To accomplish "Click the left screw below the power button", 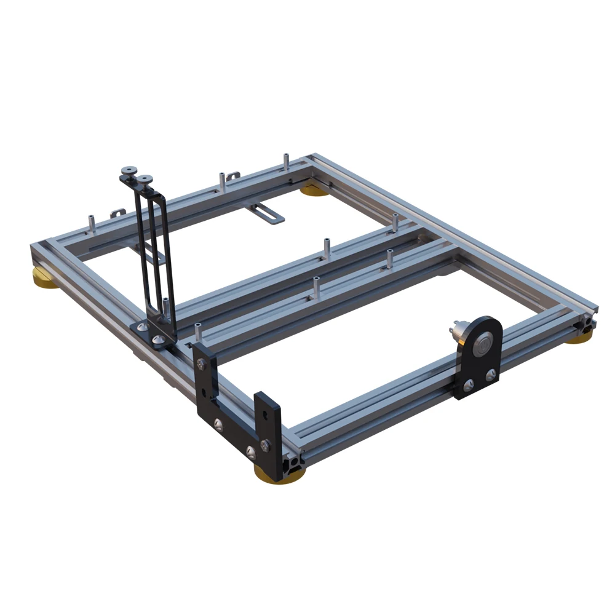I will pos(469,384).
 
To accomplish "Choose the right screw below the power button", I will pos(490,373).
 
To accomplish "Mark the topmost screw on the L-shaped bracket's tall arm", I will pos(200,365).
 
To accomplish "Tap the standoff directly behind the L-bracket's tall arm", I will pos(197,332).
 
